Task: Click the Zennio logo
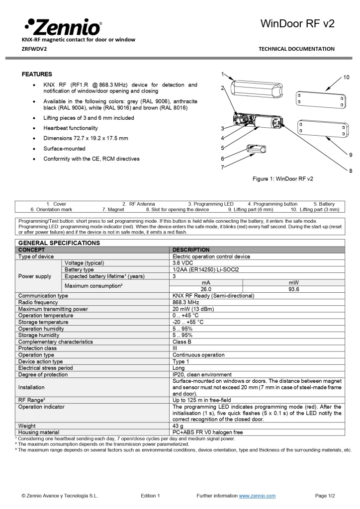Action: (x=63, y=26)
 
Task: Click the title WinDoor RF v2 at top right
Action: (x=297, y=23)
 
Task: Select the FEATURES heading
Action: (x=37, y=74)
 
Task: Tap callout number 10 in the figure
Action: (x=346, y=77)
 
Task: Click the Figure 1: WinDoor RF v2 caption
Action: (x=282, y=178)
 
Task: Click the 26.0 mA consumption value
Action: (x=206, y=289)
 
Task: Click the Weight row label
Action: (x=27, y=426)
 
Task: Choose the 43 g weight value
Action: (x=179, y=426)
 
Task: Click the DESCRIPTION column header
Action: (x=191, y=250)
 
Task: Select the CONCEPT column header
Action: (x=31, y=250)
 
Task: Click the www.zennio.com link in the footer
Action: (x=257, y=496)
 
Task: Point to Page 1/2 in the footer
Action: (x=325, y=496)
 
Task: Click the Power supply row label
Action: (x=35, y=276)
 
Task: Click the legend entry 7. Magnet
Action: (x=113, y=210)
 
